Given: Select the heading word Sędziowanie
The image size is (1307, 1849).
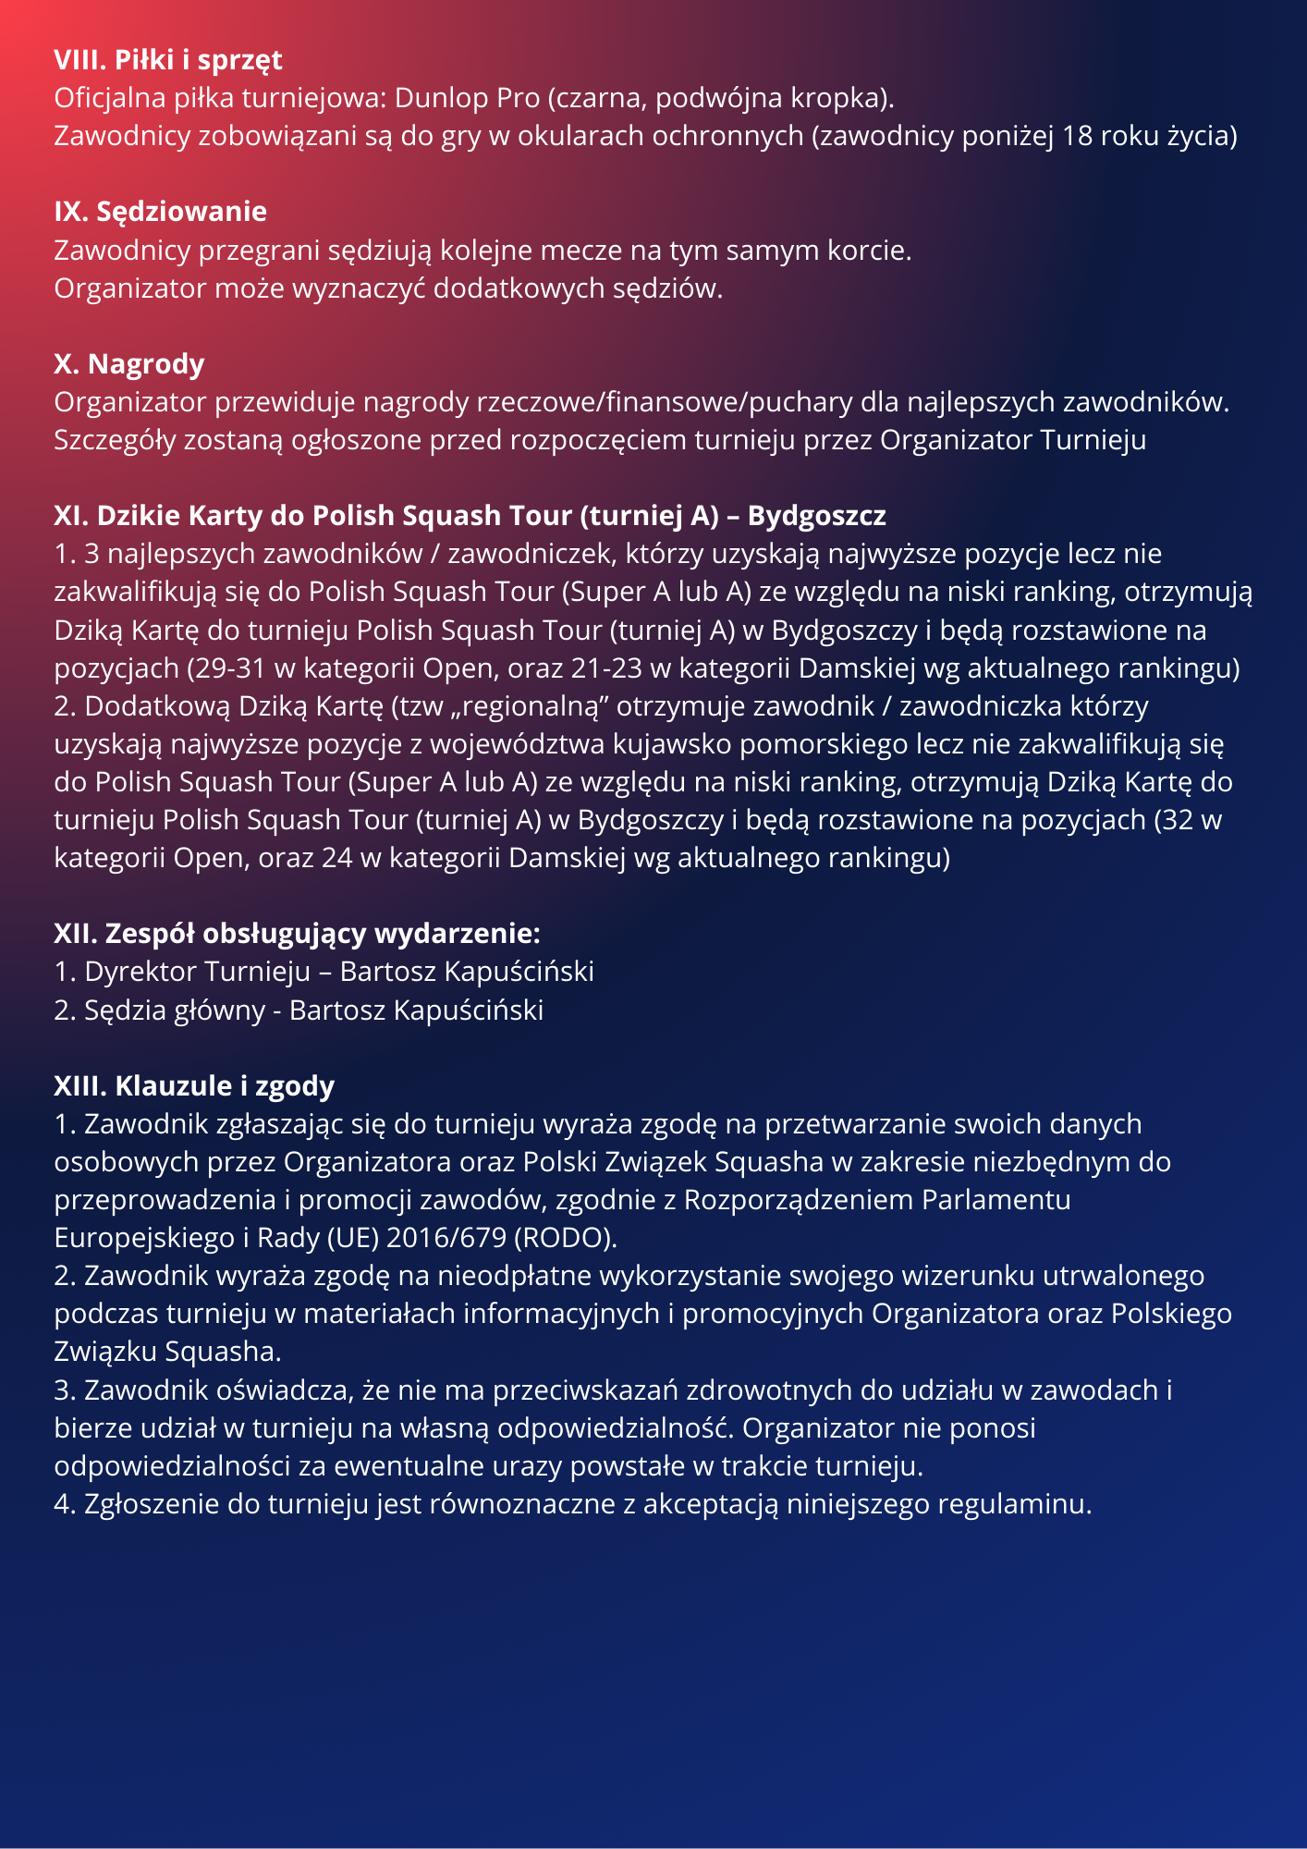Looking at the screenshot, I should point(181,212).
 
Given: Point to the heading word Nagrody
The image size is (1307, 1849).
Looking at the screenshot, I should point(145,364).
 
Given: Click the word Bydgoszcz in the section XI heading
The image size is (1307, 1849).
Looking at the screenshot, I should point(816,516).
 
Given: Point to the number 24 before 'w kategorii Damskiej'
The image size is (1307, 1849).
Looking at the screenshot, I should point(336,858).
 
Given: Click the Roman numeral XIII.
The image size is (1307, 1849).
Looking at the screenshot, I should point(80,1086).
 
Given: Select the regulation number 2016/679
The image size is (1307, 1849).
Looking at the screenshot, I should point(446,1238).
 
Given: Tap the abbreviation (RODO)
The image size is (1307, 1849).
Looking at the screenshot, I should point(565,1238).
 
